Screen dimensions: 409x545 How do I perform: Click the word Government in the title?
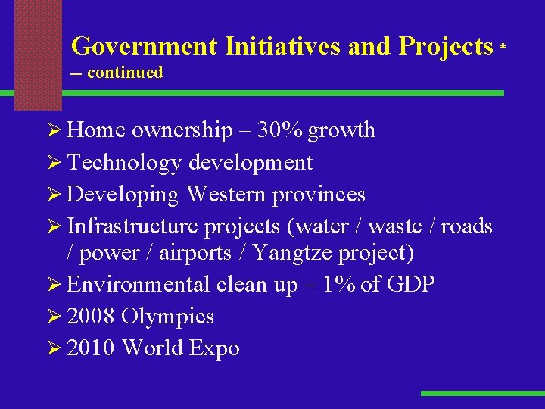point(144,47)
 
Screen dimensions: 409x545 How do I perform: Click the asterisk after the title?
point(503,47)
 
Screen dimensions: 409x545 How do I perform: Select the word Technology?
point(124,162)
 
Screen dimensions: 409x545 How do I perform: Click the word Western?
point(226,195)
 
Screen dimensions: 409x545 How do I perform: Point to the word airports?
point(195,252)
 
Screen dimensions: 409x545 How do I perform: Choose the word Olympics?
point(168,317)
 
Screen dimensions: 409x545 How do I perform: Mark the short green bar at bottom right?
point(481,394)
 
